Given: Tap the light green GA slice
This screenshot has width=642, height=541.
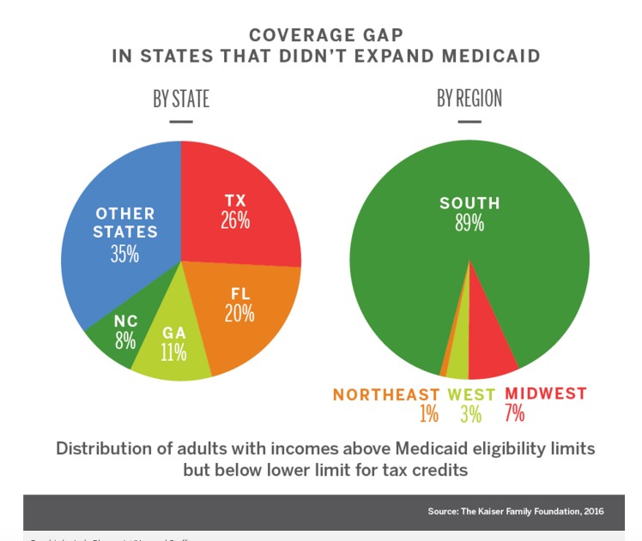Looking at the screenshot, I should (175, 343).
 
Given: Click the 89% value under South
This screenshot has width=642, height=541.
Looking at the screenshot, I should (469, 224).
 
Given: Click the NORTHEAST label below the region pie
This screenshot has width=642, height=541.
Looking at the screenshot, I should (386, 394).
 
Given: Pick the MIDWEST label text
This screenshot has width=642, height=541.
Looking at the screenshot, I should (546, 394).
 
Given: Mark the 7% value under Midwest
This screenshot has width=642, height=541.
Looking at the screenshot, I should (515, 413).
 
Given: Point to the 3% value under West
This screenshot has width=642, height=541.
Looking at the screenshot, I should (470, 414).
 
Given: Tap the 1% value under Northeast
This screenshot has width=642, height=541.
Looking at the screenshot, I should (428, 414).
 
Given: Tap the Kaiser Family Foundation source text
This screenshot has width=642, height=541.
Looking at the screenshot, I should (515, 511).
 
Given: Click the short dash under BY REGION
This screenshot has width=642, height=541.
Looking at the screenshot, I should (469, 122).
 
